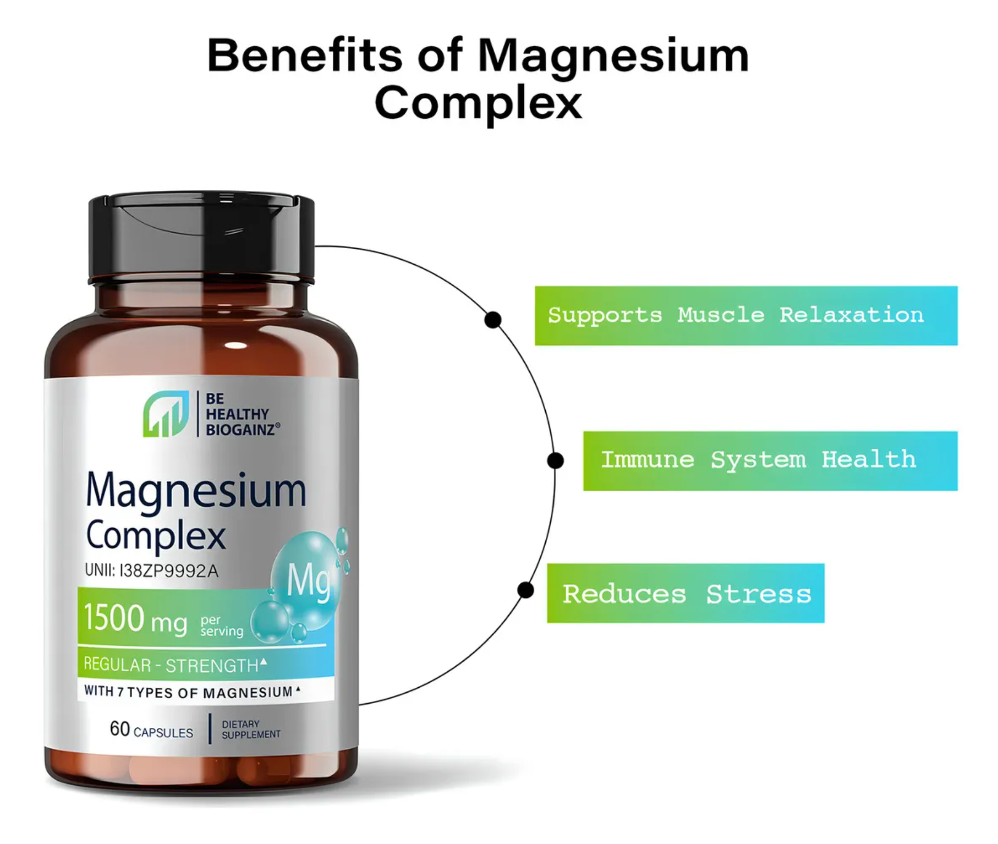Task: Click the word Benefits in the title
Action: click(304, 56)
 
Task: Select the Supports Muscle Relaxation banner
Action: click(745, 315)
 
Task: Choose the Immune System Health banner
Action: click(770, 461)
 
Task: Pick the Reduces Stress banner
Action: click(685, 593)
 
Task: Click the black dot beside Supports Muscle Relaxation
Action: click(492, 320)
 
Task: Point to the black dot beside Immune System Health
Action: click(555, 461)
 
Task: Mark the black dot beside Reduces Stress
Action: click(525, 590)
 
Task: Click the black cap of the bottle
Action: click(201, 237)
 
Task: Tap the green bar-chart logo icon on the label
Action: click(166, 414)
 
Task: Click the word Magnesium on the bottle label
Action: click(196, 491)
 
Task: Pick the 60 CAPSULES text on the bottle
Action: click(151, 730)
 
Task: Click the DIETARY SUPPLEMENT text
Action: click(250, 730)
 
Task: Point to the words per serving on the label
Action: click(221, 626)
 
